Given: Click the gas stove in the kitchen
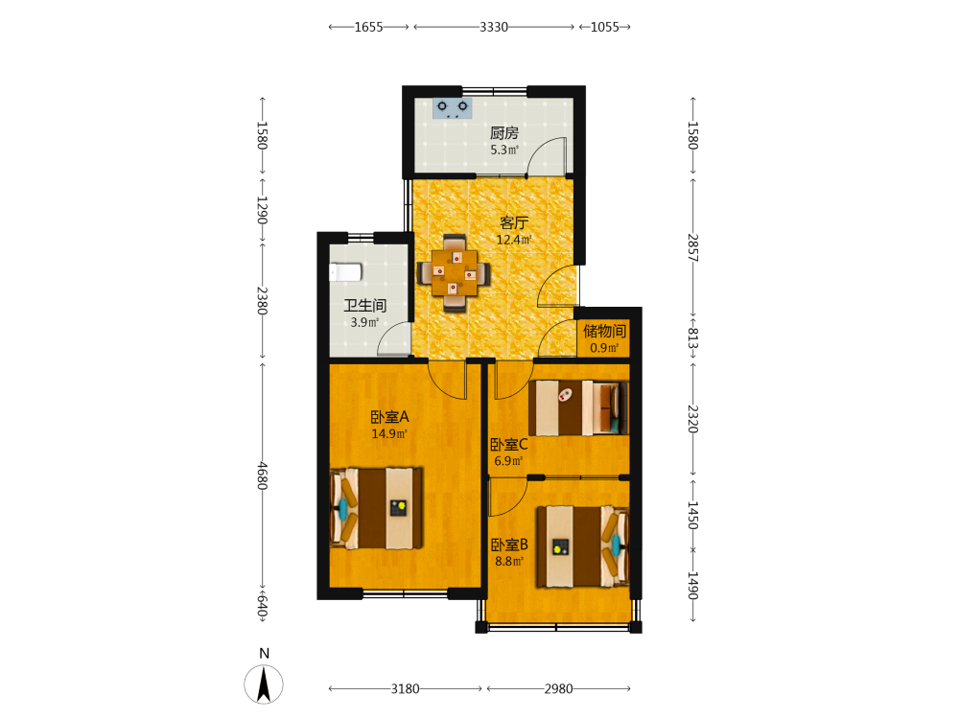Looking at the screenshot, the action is [x=453, y=108].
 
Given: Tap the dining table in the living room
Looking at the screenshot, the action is [x=454, y=272].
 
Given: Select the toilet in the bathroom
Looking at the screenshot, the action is [x=345, y=272].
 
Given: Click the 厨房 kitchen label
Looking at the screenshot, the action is [x=504, y=132].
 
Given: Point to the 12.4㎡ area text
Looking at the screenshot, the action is [x=514, y=240].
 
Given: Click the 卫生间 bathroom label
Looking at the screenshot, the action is [x=365, y=305].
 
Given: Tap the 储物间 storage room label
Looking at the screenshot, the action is [x=604, y=332].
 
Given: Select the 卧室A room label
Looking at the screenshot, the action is [x=389, y=417].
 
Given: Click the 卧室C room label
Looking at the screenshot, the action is [x=509, y=445].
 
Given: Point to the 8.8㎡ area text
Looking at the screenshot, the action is [x=509, y=561].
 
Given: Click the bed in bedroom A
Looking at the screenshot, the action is [x=376, y=508].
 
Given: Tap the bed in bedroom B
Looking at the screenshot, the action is [x=583, y=546].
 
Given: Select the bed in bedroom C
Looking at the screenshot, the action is [x=578, y=407].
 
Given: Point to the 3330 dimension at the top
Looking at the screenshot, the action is [x=494, y=27].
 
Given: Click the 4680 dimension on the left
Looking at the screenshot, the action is [x=263, y=475].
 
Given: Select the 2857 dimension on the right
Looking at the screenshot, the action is [x=692, y=247].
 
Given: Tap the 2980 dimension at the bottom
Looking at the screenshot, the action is [x=558, y=689].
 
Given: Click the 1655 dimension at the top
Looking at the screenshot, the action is [x=369, y=27].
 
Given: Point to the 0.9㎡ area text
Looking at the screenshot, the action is [x=604, y=348].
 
